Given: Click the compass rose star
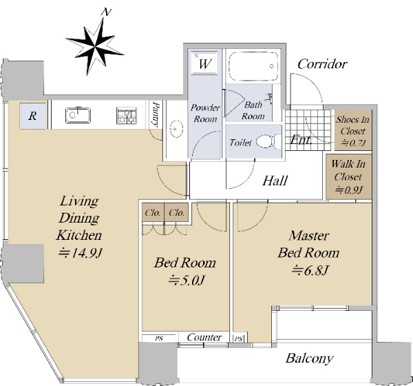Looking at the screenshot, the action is tap(94, 47).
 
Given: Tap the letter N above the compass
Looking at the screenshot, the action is tap(107, 12).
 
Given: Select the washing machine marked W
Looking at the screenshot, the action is tap(204, 63).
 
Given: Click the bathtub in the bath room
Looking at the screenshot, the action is tap(253, 66).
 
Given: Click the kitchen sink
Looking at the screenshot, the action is tap(78, 115).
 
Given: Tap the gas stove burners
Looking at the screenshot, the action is tap(127, 116).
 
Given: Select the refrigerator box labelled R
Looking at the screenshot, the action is tap(33, 116).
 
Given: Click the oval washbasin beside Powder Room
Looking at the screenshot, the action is tap(175, 129).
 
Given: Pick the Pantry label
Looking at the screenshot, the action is tap(156, 114).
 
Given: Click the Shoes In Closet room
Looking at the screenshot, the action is tap(353, 130).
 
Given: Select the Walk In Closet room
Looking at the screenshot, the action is tap(348, 176).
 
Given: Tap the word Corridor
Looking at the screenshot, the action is tap(322, 64).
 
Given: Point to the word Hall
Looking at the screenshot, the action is tap(275, 181).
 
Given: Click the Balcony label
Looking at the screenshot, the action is tap(310, 358).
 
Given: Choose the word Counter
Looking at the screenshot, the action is tap(204, 337).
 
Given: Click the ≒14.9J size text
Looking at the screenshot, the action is tap(80, 253).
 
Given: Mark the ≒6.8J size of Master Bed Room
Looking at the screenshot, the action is tap(310, 270).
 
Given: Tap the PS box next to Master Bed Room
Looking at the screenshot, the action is tap(239, 338).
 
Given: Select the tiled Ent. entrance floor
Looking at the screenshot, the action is tap(308, 130).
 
